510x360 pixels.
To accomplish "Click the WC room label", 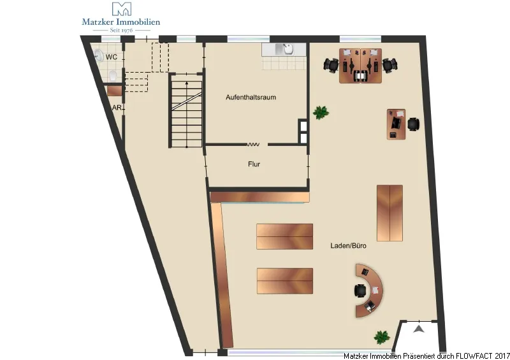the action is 111,57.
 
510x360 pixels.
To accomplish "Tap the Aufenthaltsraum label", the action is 251,97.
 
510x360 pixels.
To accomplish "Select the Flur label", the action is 254,164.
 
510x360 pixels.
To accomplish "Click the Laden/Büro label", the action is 348,245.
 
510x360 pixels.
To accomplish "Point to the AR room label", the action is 117,108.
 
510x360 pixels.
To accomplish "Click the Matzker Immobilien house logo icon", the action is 122,9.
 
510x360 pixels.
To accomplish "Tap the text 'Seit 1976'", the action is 121,30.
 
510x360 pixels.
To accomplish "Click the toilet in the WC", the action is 113,76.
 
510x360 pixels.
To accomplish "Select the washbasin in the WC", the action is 99,55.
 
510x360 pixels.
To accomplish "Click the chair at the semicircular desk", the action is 360,291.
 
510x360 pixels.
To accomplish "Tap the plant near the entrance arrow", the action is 382,337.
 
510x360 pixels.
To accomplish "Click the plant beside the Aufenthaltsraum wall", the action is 321,113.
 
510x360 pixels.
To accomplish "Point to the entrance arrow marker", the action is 419,329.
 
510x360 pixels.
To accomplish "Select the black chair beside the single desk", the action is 413,124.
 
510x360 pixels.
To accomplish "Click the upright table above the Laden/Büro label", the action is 390,213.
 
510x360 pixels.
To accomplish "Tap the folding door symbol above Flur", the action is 253,145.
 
